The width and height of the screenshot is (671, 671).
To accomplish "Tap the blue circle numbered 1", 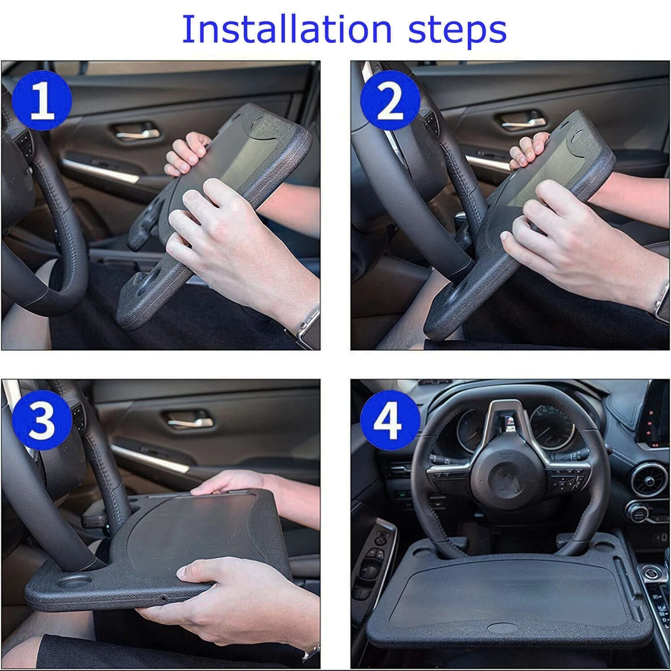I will click(x=42, y=102).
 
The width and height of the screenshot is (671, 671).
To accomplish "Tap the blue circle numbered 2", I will click(x=390, y=102).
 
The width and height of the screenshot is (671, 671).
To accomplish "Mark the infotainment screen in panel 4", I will click(x=658, y=412).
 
